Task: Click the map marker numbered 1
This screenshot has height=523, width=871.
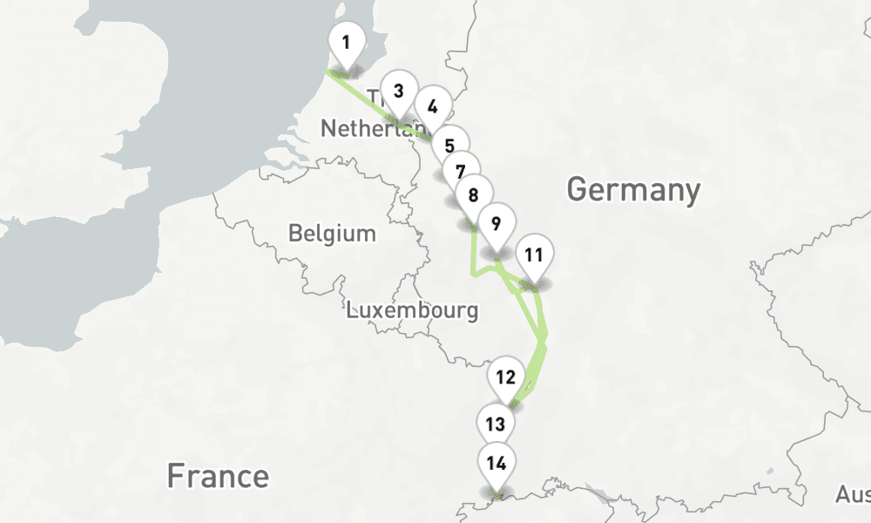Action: (347, 43)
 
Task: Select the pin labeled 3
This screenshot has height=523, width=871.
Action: (398, 92)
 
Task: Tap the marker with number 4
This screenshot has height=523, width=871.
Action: (432, 108)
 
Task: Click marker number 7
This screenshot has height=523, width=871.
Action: (461, 172)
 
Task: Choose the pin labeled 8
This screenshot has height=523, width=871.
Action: (473, 195)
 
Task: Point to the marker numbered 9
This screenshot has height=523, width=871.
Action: (496, 223)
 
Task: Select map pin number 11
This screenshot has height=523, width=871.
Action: (534, 255)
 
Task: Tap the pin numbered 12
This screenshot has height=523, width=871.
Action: (505, 377)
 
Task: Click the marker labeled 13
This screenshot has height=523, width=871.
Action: (495, 425)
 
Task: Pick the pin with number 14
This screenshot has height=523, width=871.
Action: (496, 463)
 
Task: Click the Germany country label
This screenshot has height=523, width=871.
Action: (633, 189)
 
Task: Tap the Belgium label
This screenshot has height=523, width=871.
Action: (332, 234)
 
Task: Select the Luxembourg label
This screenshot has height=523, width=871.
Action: (412, 310)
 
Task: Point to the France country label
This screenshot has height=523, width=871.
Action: (218, 477)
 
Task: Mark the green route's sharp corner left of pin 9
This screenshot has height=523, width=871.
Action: (473, 275)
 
